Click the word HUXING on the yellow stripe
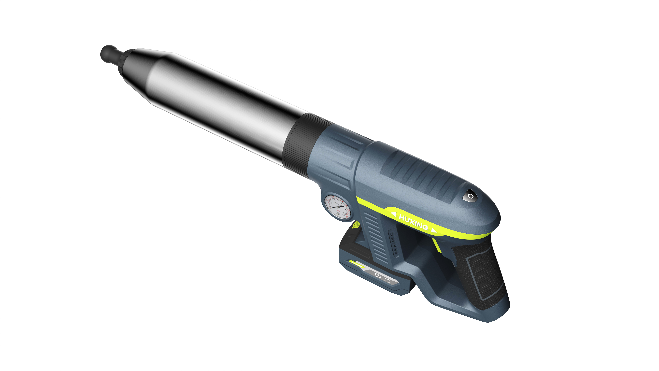(x=413, y=222)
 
